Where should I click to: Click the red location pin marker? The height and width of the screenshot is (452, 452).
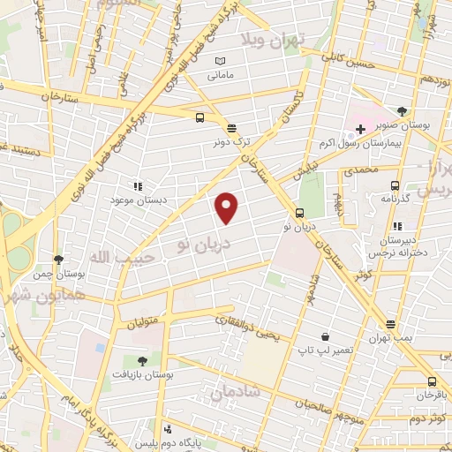[227, 207]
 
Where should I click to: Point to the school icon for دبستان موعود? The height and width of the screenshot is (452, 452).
[137, 186]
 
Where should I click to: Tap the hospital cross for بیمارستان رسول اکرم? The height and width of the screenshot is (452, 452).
[361, 129]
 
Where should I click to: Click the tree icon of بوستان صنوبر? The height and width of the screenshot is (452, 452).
[402, 111]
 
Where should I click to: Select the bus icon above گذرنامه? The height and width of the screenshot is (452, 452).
[395, 185]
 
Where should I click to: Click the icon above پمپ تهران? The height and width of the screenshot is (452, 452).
[390, 324]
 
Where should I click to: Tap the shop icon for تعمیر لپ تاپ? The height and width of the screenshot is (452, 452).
[326, 336]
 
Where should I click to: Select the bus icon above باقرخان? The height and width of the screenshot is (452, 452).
[430, 382]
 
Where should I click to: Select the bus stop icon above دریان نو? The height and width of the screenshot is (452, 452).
[300, 212]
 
